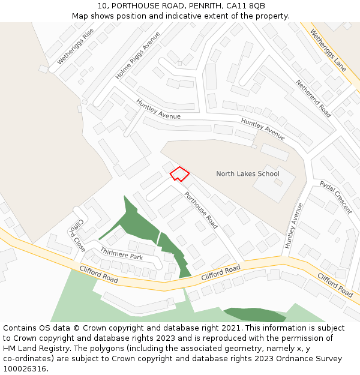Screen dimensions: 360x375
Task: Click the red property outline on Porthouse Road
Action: click(x=179, y=174)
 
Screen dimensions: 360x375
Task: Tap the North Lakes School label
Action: click(x=248, y=174)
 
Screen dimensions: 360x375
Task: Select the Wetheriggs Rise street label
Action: click(x=76, y=47)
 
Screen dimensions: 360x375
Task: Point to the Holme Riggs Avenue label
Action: click(x=137, y=57)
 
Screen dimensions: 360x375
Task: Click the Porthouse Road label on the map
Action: click(x=200, y=210)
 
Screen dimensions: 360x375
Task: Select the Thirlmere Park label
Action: click(x=121, y=253)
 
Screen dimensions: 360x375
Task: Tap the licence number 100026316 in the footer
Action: click(x=24, y=369)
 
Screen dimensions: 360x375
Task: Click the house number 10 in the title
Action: click(x=101, y=6)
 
